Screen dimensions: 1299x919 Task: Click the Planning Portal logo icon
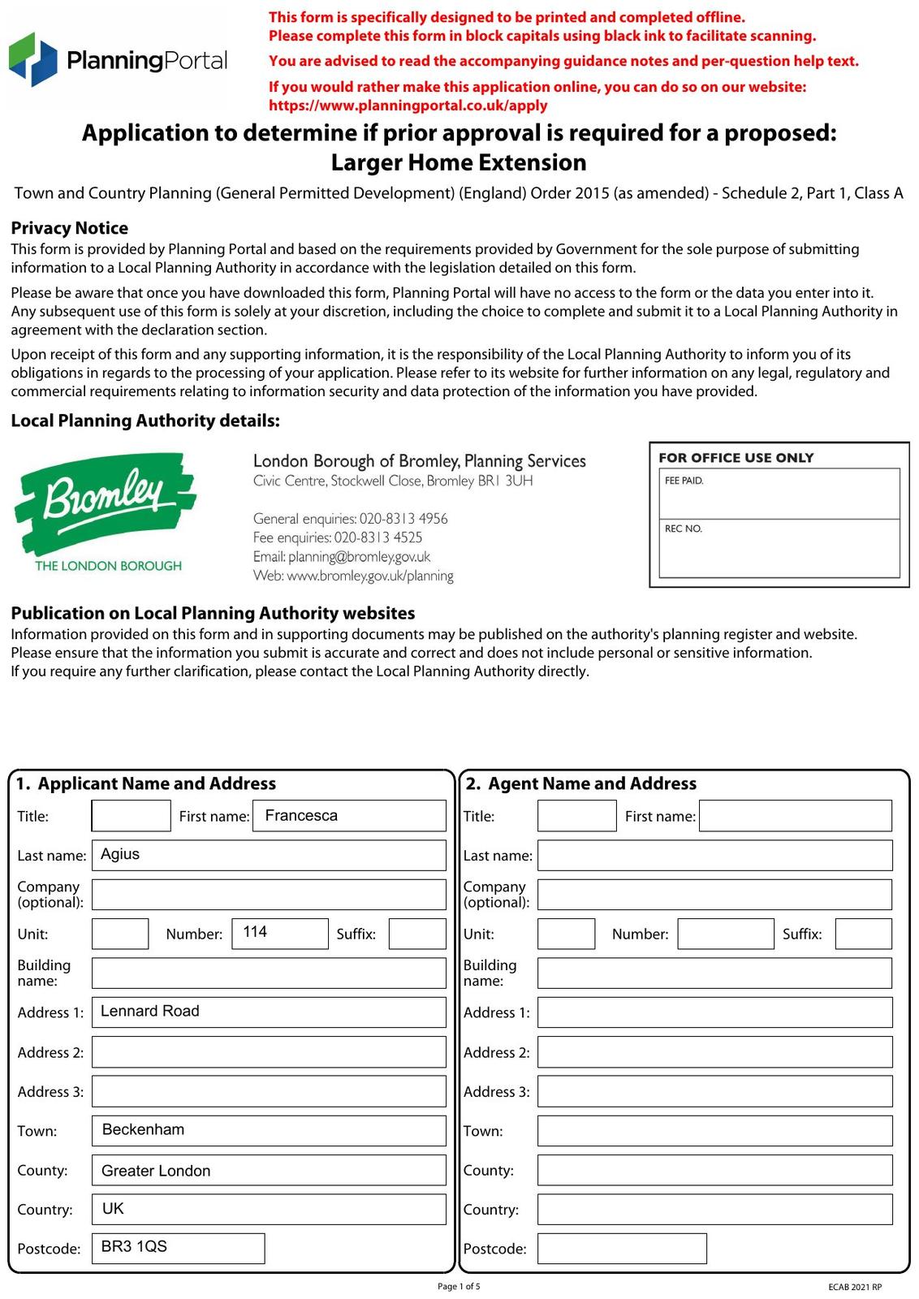33,59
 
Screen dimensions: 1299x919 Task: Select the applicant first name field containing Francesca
349,816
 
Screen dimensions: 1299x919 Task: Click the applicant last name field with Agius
269,855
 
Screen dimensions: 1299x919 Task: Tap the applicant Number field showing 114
279,934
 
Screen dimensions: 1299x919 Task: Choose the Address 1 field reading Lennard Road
269,1012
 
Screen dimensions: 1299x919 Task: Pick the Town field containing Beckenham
269,1131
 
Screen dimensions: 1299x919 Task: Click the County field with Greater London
269,1170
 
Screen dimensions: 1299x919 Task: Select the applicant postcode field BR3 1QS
179,1248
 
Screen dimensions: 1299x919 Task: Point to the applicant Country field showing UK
269,1209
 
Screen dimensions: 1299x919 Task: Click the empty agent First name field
795,816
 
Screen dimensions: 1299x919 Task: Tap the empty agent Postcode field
622,1248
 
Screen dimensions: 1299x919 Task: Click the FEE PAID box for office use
779,494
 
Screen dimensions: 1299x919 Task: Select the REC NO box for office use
779,548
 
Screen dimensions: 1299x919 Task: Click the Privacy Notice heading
70,228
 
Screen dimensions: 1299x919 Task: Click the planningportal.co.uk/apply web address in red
408,106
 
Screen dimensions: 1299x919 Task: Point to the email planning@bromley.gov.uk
342,557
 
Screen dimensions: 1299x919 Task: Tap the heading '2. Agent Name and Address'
580,783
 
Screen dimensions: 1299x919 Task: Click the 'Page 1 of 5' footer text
459,1286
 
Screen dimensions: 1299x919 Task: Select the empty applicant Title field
131,816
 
